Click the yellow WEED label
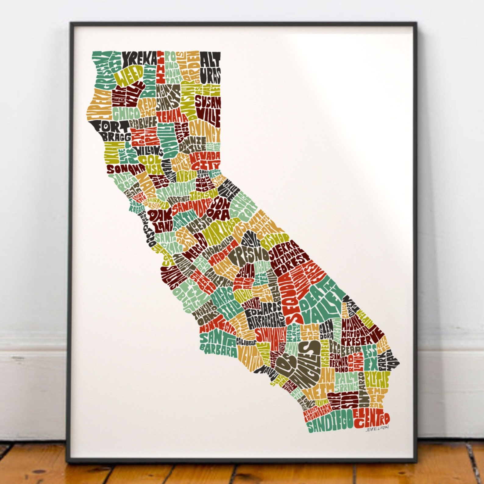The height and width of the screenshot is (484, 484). click(x=131, y=76)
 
